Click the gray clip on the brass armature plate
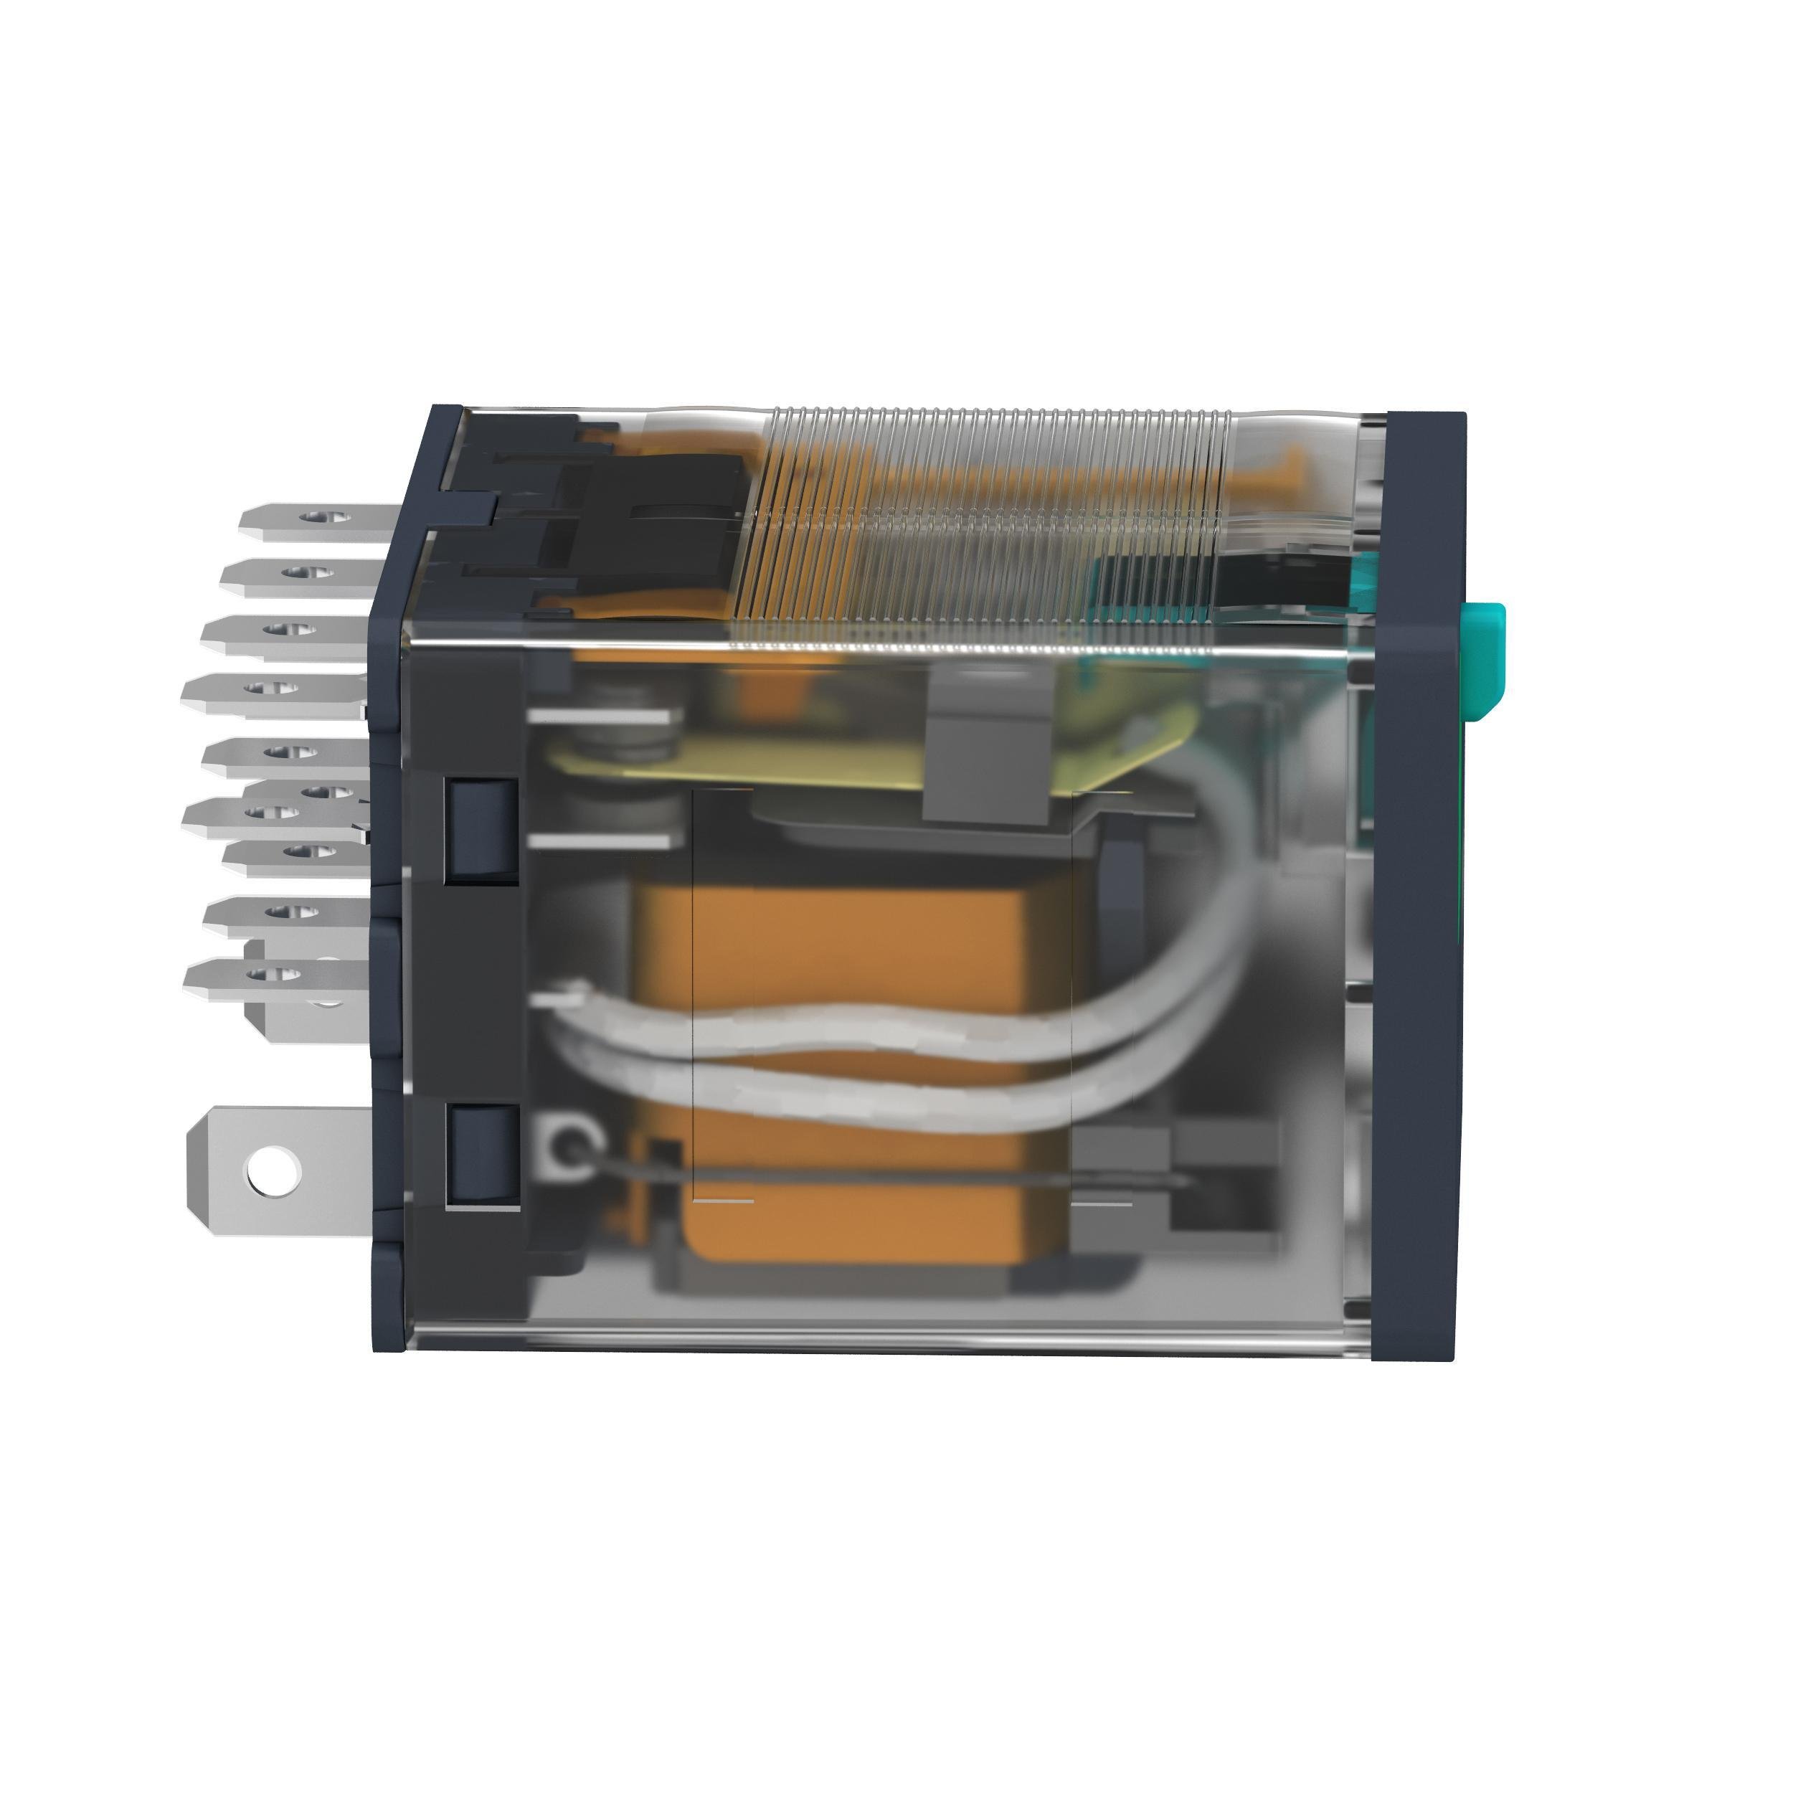click(988, 747)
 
